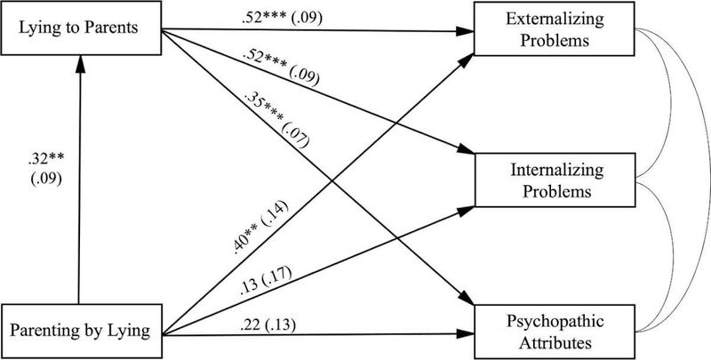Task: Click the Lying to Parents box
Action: click(81, 28)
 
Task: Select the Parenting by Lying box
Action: click(81, 331)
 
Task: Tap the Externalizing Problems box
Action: click(554, 29)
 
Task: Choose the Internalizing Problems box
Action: click(554, 180)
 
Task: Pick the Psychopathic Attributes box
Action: click(554, 332)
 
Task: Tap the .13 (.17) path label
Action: click(265, 283)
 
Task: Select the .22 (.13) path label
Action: click(268, 325)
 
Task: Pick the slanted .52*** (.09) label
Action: click(281, 68)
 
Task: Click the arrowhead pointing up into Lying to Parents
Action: click(80, 64)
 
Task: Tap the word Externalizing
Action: click(555, 20)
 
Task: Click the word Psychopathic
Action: click(555, 322)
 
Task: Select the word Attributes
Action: click(555, 343)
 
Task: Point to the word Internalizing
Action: click(556, 171)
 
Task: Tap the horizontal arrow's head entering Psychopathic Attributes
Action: click(465, 334)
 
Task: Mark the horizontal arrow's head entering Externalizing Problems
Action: click(465, 32)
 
